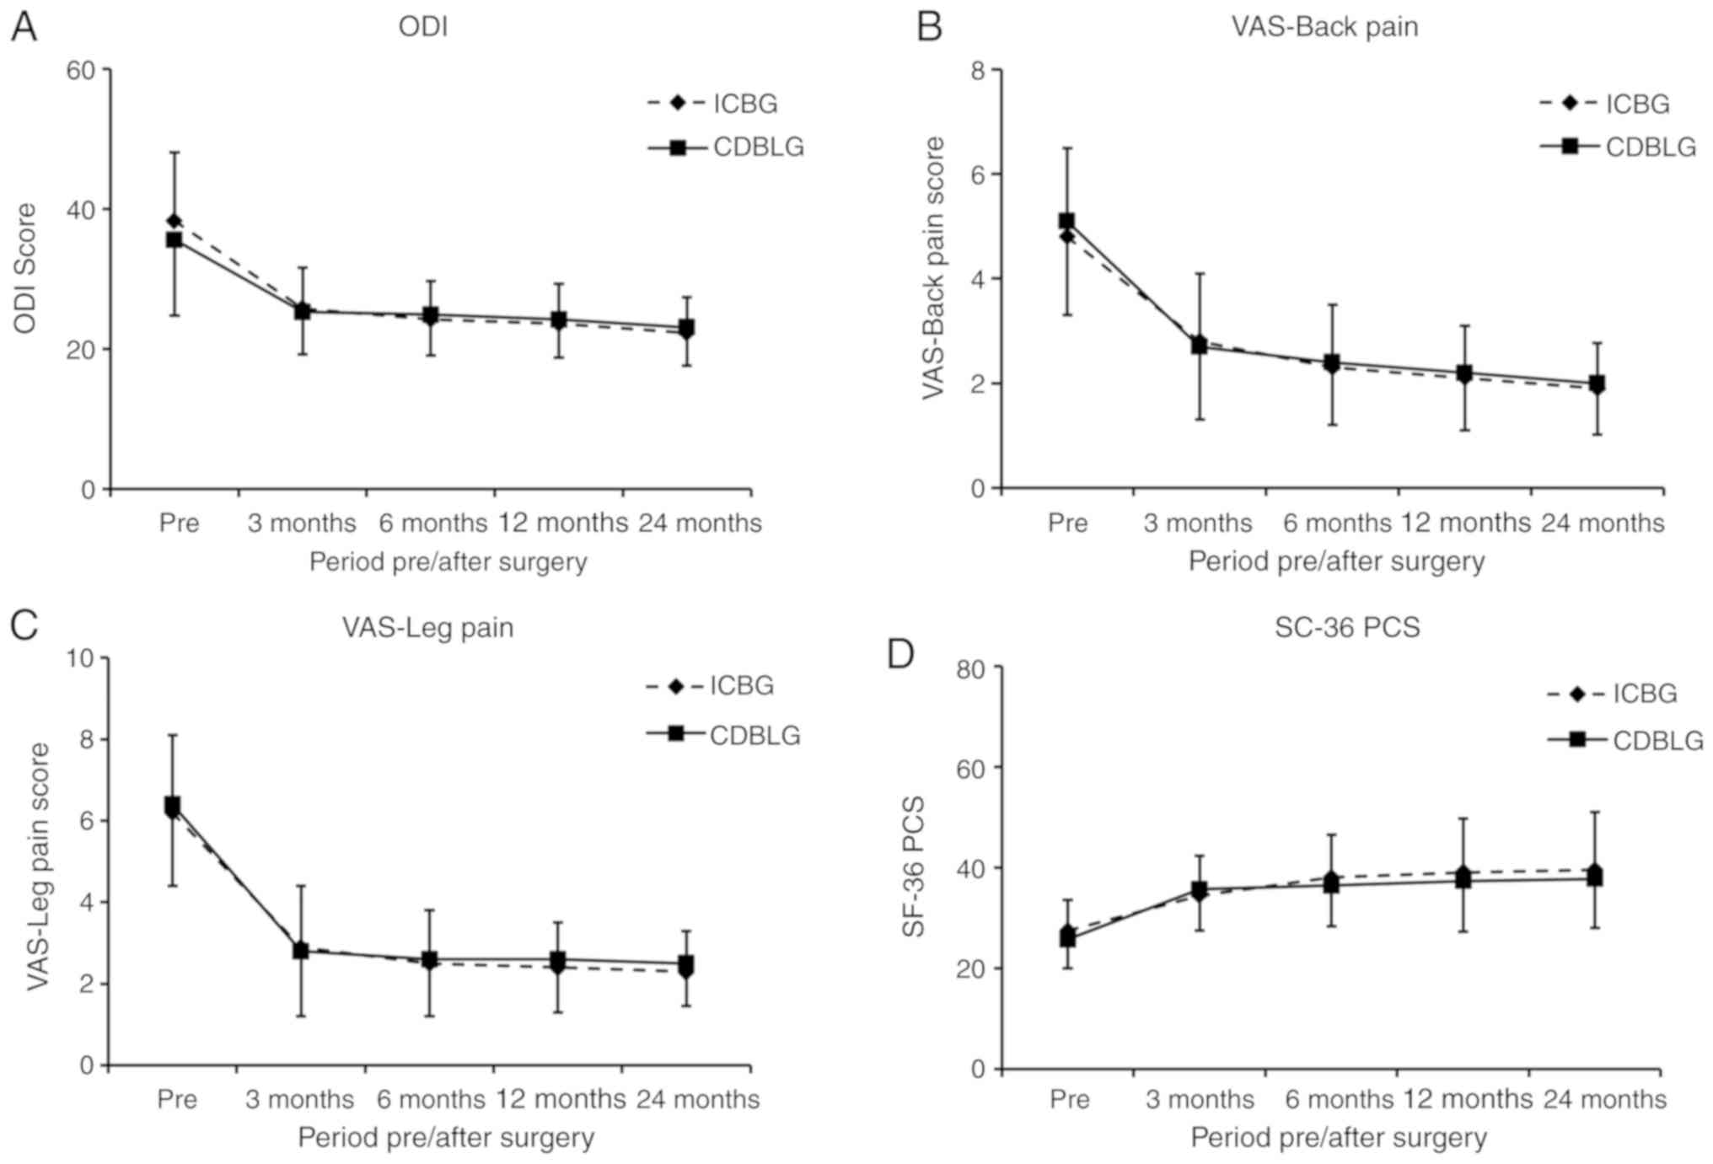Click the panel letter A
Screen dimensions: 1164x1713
click(x=24, y=27)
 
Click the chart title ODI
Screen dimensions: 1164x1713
click(x=423, y=27)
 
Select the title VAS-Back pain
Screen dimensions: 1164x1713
click(x=1324, y=27)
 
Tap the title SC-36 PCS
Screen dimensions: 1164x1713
click(x=1347, y=628)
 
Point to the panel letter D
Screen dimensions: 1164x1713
click(x=901, y=654)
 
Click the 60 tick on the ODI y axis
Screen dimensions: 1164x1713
click(x=81, y=70)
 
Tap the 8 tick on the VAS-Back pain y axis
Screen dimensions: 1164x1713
click(x=978, y=70)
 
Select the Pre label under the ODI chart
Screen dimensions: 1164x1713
click(x=179, y=523)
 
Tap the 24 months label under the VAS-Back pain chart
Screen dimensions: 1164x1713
click(x=1603, y=523)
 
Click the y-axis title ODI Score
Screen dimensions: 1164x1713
click(x=25, y=268)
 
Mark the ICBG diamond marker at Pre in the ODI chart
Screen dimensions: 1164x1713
click(x=175, y=221)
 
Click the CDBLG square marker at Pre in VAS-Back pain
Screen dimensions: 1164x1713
click(x=1066, y=221)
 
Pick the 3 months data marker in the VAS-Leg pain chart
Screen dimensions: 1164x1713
click(x=301, y=951)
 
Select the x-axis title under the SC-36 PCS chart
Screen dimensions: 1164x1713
click(x=1338, y=1138)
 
